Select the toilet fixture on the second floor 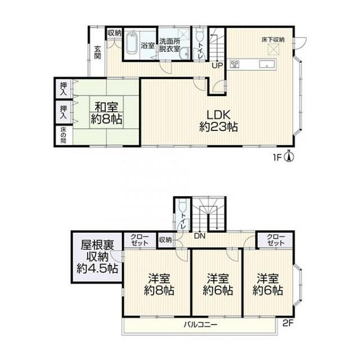183,204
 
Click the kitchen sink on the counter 267,64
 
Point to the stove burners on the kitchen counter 235,64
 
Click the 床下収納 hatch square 273,49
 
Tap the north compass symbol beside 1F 290,156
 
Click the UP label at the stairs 217,66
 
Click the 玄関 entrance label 97,52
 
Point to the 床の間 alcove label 64,135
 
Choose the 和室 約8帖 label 106,114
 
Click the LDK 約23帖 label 218,121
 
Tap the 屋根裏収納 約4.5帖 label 97,257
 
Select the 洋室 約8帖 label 159,284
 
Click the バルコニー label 200,325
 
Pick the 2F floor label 288,323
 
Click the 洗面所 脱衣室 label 170,45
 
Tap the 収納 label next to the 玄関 114,33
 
